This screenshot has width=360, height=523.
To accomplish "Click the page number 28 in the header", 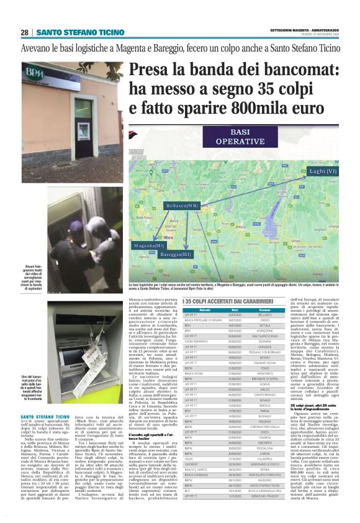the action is click(24, 32).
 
